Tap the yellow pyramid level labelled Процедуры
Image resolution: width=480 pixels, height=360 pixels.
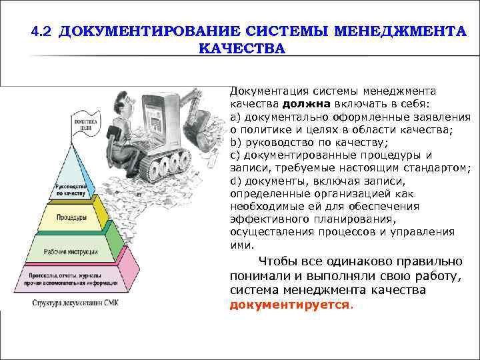(x=71, y=218)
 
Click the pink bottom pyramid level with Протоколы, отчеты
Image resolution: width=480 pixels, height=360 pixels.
(x=72, y=277)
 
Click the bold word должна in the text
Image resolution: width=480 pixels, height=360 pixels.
(x=304, y=105)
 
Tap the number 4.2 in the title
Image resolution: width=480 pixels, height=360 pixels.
(x=42, y=31)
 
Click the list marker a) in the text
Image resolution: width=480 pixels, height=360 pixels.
(x=235, y=117)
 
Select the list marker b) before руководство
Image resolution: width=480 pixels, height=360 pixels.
(x=235, y=143)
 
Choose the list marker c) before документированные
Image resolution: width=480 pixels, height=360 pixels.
(x=235, y=155)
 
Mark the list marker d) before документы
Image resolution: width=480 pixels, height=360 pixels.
(x=235, y=181)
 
